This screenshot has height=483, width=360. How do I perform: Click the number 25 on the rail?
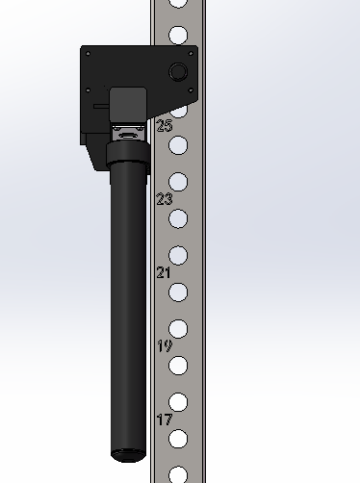click(165, 125)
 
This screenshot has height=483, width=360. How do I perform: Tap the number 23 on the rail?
click(165, 199)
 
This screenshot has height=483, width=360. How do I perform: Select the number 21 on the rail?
click(164, 272)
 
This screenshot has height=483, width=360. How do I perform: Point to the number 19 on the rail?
click(165, 346)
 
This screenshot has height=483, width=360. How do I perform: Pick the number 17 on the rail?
click(165, 419)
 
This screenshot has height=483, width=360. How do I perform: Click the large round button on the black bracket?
click(178, 71)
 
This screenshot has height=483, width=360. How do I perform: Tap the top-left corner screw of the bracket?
click(89, 54)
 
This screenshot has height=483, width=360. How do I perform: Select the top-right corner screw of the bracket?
click(191, 54)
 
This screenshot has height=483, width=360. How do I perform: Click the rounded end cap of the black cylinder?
click(128, 455)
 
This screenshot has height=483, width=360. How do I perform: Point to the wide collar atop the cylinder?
click(128, 154)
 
